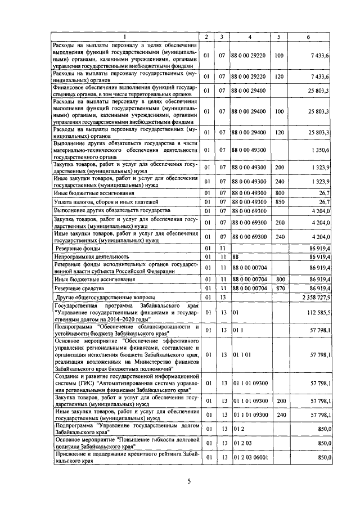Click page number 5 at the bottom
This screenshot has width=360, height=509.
(x=189, y=481)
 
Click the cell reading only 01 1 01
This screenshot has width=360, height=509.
(x=240, y=354)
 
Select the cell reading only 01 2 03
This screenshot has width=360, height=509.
(x=240, y=443)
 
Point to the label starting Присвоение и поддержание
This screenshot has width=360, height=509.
(x=124, y=456)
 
